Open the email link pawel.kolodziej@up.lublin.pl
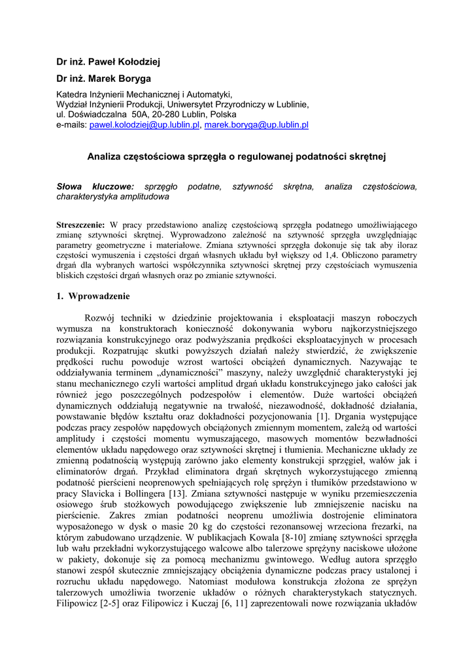(x=144, y=124)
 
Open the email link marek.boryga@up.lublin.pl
(x=256, y=124)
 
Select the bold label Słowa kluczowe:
(x=95, y=186)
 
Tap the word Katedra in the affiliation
(x=73, y=94)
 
